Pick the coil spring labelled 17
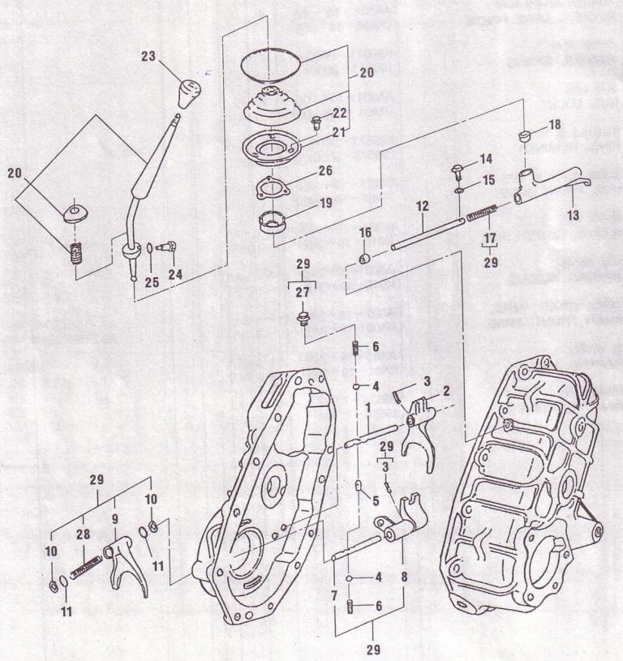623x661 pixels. [x=483, y=214]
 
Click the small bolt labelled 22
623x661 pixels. [x=317, y=121]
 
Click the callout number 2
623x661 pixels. [x=445, y=390]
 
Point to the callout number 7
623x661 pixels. [x=335, y=597]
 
